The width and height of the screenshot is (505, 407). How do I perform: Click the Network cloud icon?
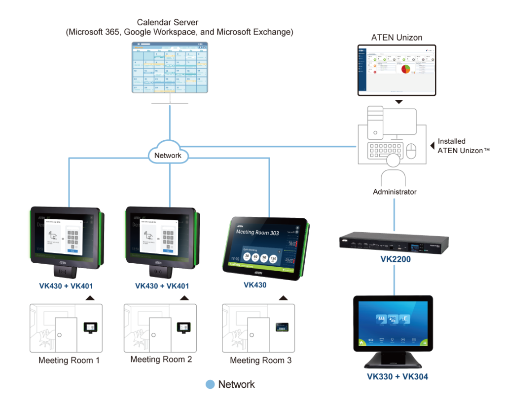pyautogui.click(x=168, y=155)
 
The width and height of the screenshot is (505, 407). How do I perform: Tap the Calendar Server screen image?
pyautogui.click(x=170, y=68)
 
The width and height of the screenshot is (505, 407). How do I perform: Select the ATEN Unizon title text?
pyautogui.click(x=397, y=37)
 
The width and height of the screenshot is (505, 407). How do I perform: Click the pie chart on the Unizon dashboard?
pyautogui.click(x=405, y=69)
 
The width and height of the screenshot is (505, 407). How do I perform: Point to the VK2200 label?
pyautogui.click(x=394, y=259)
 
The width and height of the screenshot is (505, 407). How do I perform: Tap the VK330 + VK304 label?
pyautogui.click(x=397, y=377)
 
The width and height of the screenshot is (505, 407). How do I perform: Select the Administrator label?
pyautogui.click(x=395, y=192)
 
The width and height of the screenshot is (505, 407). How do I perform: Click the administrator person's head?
pyautogui.click(x=394, y=161)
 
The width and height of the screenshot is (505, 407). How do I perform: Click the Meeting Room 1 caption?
pyautogui.click(x=69, y=361)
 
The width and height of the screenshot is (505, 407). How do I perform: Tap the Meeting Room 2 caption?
pyautogui.click(x=161, y=360)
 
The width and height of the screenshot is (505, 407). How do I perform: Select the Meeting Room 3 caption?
pyautogui.click(x=261, y=361)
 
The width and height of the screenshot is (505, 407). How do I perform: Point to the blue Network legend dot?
pyautogui.click(x=210, y=384)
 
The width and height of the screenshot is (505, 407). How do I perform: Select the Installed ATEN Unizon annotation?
pyautogui.click(x=460, y=146)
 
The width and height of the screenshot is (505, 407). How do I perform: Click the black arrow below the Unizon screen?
pyautogui.click(x=398, y=102)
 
